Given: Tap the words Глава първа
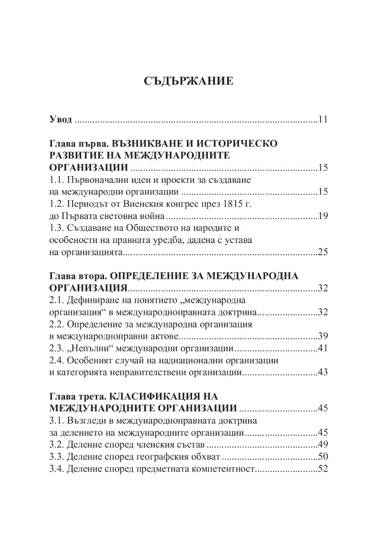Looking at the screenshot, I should [77, 144].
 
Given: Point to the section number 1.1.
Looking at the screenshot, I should [57, 180].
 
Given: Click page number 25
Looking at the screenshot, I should [322, 252].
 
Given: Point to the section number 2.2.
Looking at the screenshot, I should [57, 324].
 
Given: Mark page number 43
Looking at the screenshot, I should [322, 372].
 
